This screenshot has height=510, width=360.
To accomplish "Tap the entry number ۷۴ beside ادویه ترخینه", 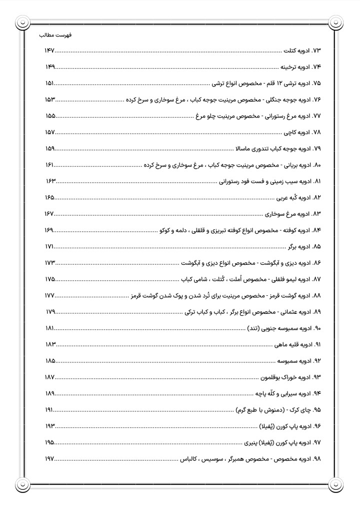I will tap(315, 67).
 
